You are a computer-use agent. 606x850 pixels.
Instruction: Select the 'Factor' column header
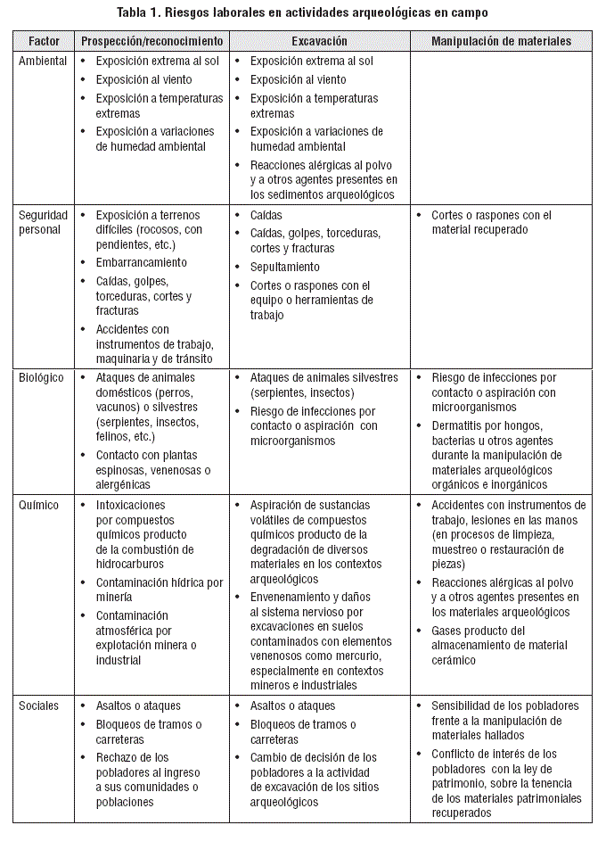pyautogui.click(x=44, y=41)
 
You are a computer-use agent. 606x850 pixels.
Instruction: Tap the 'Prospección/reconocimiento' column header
pyautogui.click(x=151, y=41)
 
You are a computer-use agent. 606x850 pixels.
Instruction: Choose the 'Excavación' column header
pyautogui.click(x=319, y=41)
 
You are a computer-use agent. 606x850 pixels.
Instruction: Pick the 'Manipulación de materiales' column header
pyautogui.click(x=501, y=41)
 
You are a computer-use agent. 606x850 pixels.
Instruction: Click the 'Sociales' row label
pyautogui.click(x=39, y=706)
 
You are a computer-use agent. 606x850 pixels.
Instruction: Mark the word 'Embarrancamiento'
pyautogui.click(x=142, y=262)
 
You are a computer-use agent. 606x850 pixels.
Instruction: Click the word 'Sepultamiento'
pyautogui.click(x=285, y=267)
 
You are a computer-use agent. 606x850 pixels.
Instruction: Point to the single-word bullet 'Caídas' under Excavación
pyautogui.click(x=266, y=215)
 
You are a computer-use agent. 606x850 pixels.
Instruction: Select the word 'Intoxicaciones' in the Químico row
pyautogui.click(x=131, y=505)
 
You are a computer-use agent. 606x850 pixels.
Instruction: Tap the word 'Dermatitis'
pyautogui.click(x=461, y=425)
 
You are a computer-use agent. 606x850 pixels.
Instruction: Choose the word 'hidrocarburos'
pyautogui.click(x=132, y=565)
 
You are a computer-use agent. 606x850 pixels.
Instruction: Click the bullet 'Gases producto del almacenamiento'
pyautogui.click(x=498, y=645)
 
